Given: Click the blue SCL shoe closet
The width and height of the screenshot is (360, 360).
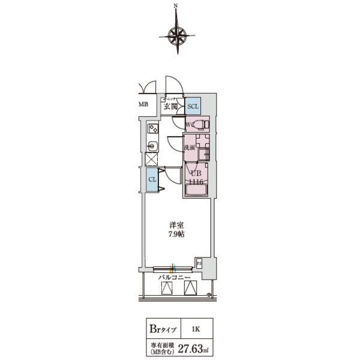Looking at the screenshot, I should point(193,106).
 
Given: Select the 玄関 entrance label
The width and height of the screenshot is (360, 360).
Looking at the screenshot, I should point(170,106).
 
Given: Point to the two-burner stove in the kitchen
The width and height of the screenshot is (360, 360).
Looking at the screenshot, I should point(153,128).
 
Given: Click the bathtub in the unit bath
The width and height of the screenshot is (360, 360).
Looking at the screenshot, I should point(197,190).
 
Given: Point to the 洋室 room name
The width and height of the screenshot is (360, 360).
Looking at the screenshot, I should point(176,226).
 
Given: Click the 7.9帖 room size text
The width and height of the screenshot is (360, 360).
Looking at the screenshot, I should point(176,234).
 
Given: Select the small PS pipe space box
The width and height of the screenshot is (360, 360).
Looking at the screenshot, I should point(199,262).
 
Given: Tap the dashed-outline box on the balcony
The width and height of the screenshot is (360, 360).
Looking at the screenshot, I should point(168,289).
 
